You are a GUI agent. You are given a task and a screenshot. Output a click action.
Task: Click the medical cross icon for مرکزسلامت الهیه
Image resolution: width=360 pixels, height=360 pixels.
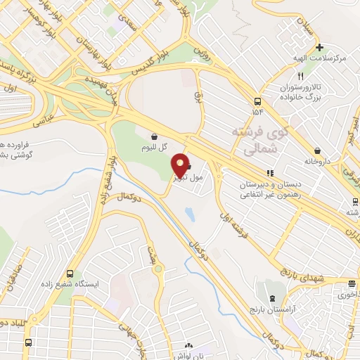(x=319, y=49)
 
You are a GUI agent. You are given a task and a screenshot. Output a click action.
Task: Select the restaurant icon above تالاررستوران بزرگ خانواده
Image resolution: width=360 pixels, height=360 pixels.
(x=300, y=76)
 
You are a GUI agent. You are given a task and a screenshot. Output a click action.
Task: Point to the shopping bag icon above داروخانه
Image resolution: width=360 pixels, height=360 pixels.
(x=318, y=150)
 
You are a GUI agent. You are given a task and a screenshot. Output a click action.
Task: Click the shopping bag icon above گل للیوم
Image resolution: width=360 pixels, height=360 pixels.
(x=154, y=136)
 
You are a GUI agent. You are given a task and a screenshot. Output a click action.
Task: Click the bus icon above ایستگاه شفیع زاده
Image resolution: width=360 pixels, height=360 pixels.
(x=69, y=274)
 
